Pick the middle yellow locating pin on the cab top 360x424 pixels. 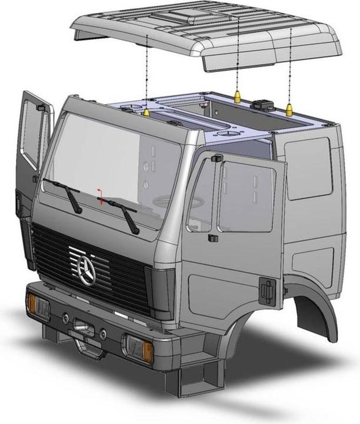point(236,95)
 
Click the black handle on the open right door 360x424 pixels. point(267,289)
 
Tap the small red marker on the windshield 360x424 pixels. point(101,197)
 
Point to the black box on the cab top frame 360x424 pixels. point(262,104)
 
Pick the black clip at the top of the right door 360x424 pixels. point(215,158)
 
